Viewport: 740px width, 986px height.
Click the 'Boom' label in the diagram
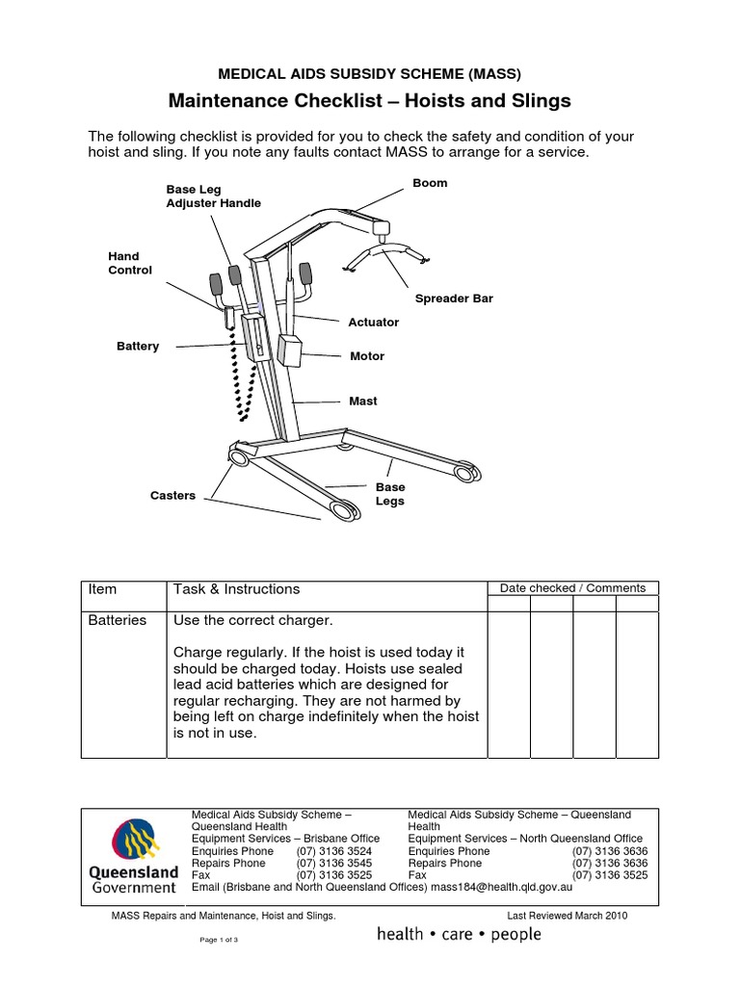tap(430, 183)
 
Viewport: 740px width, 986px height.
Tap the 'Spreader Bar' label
tap(454, 298)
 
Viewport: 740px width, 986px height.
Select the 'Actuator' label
tap(373, 322)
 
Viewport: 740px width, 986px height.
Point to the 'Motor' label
tap(367, 356)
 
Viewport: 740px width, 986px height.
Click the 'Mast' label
tap(363, 401)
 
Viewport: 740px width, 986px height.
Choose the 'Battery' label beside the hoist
tap(138, 346)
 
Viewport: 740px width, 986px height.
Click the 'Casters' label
tap(172, 496)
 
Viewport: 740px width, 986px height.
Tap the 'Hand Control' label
tap(129, 263)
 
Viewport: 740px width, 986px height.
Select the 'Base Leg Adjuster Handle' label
tap(213, 196)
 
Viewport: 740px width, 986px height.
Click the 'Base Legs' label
tap(390, 494)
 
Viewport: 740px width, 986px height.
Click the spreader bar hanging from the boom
tap(385, 252)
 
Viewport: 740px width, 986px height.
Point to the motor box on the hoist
tap(290, 350)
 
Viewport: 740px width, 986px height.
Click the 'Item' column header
tap(102, 589)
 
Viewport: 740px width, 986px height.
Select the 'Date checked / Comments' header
tap(572, 588)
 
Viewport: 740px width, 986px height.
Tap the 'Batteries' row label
tap(118, 620)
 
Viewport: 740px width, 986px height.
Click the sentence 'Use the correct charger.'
tap(252, 620)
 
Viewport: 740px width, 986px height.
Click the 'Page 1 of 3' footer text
tap(219, 940)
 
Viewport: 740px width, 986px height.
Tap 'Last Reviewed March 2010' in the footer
tap(567, 916)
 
